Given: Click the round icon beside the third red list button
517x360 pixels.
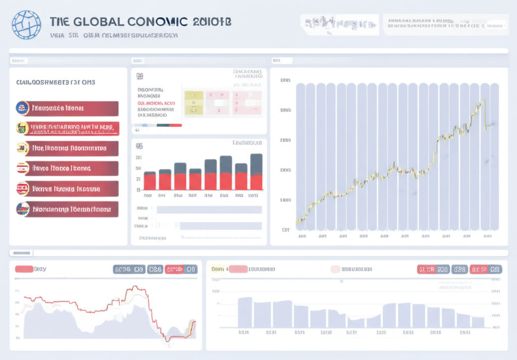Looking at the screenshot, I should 22,148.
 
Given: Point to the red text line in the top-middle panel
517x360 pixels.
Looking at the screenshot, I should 157,102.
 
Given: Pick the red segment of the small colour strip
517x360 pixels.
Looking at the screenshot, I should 176,125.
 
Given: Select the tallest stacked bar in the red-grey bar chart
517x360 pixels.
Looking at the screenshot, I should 256,171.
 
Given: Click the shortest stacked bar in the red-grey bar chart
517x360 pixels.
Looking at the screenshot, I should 150,180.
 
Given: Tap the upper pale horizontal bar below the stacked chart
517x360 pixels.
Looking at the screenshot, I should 209,209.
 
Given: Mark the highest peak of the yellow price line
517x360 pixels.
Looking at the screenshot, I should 483,101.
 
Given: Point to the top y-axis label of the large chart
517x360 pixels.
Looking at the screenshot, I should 285,80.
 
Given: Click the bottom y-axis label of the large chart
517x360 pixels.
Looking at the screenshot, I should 285,230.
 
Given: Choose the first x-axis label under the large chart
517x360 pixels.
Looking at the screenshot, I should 302,236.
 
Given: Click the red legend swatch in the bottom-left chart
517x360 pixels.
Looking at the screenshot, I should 24,269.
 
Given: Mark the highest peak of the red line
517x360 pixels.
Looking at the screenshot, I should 135,287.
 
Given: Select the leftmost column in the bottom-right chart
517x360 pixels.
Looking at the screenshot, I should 245,312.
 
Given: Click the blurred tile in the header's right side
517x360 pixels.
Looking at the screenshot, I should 339,23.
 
